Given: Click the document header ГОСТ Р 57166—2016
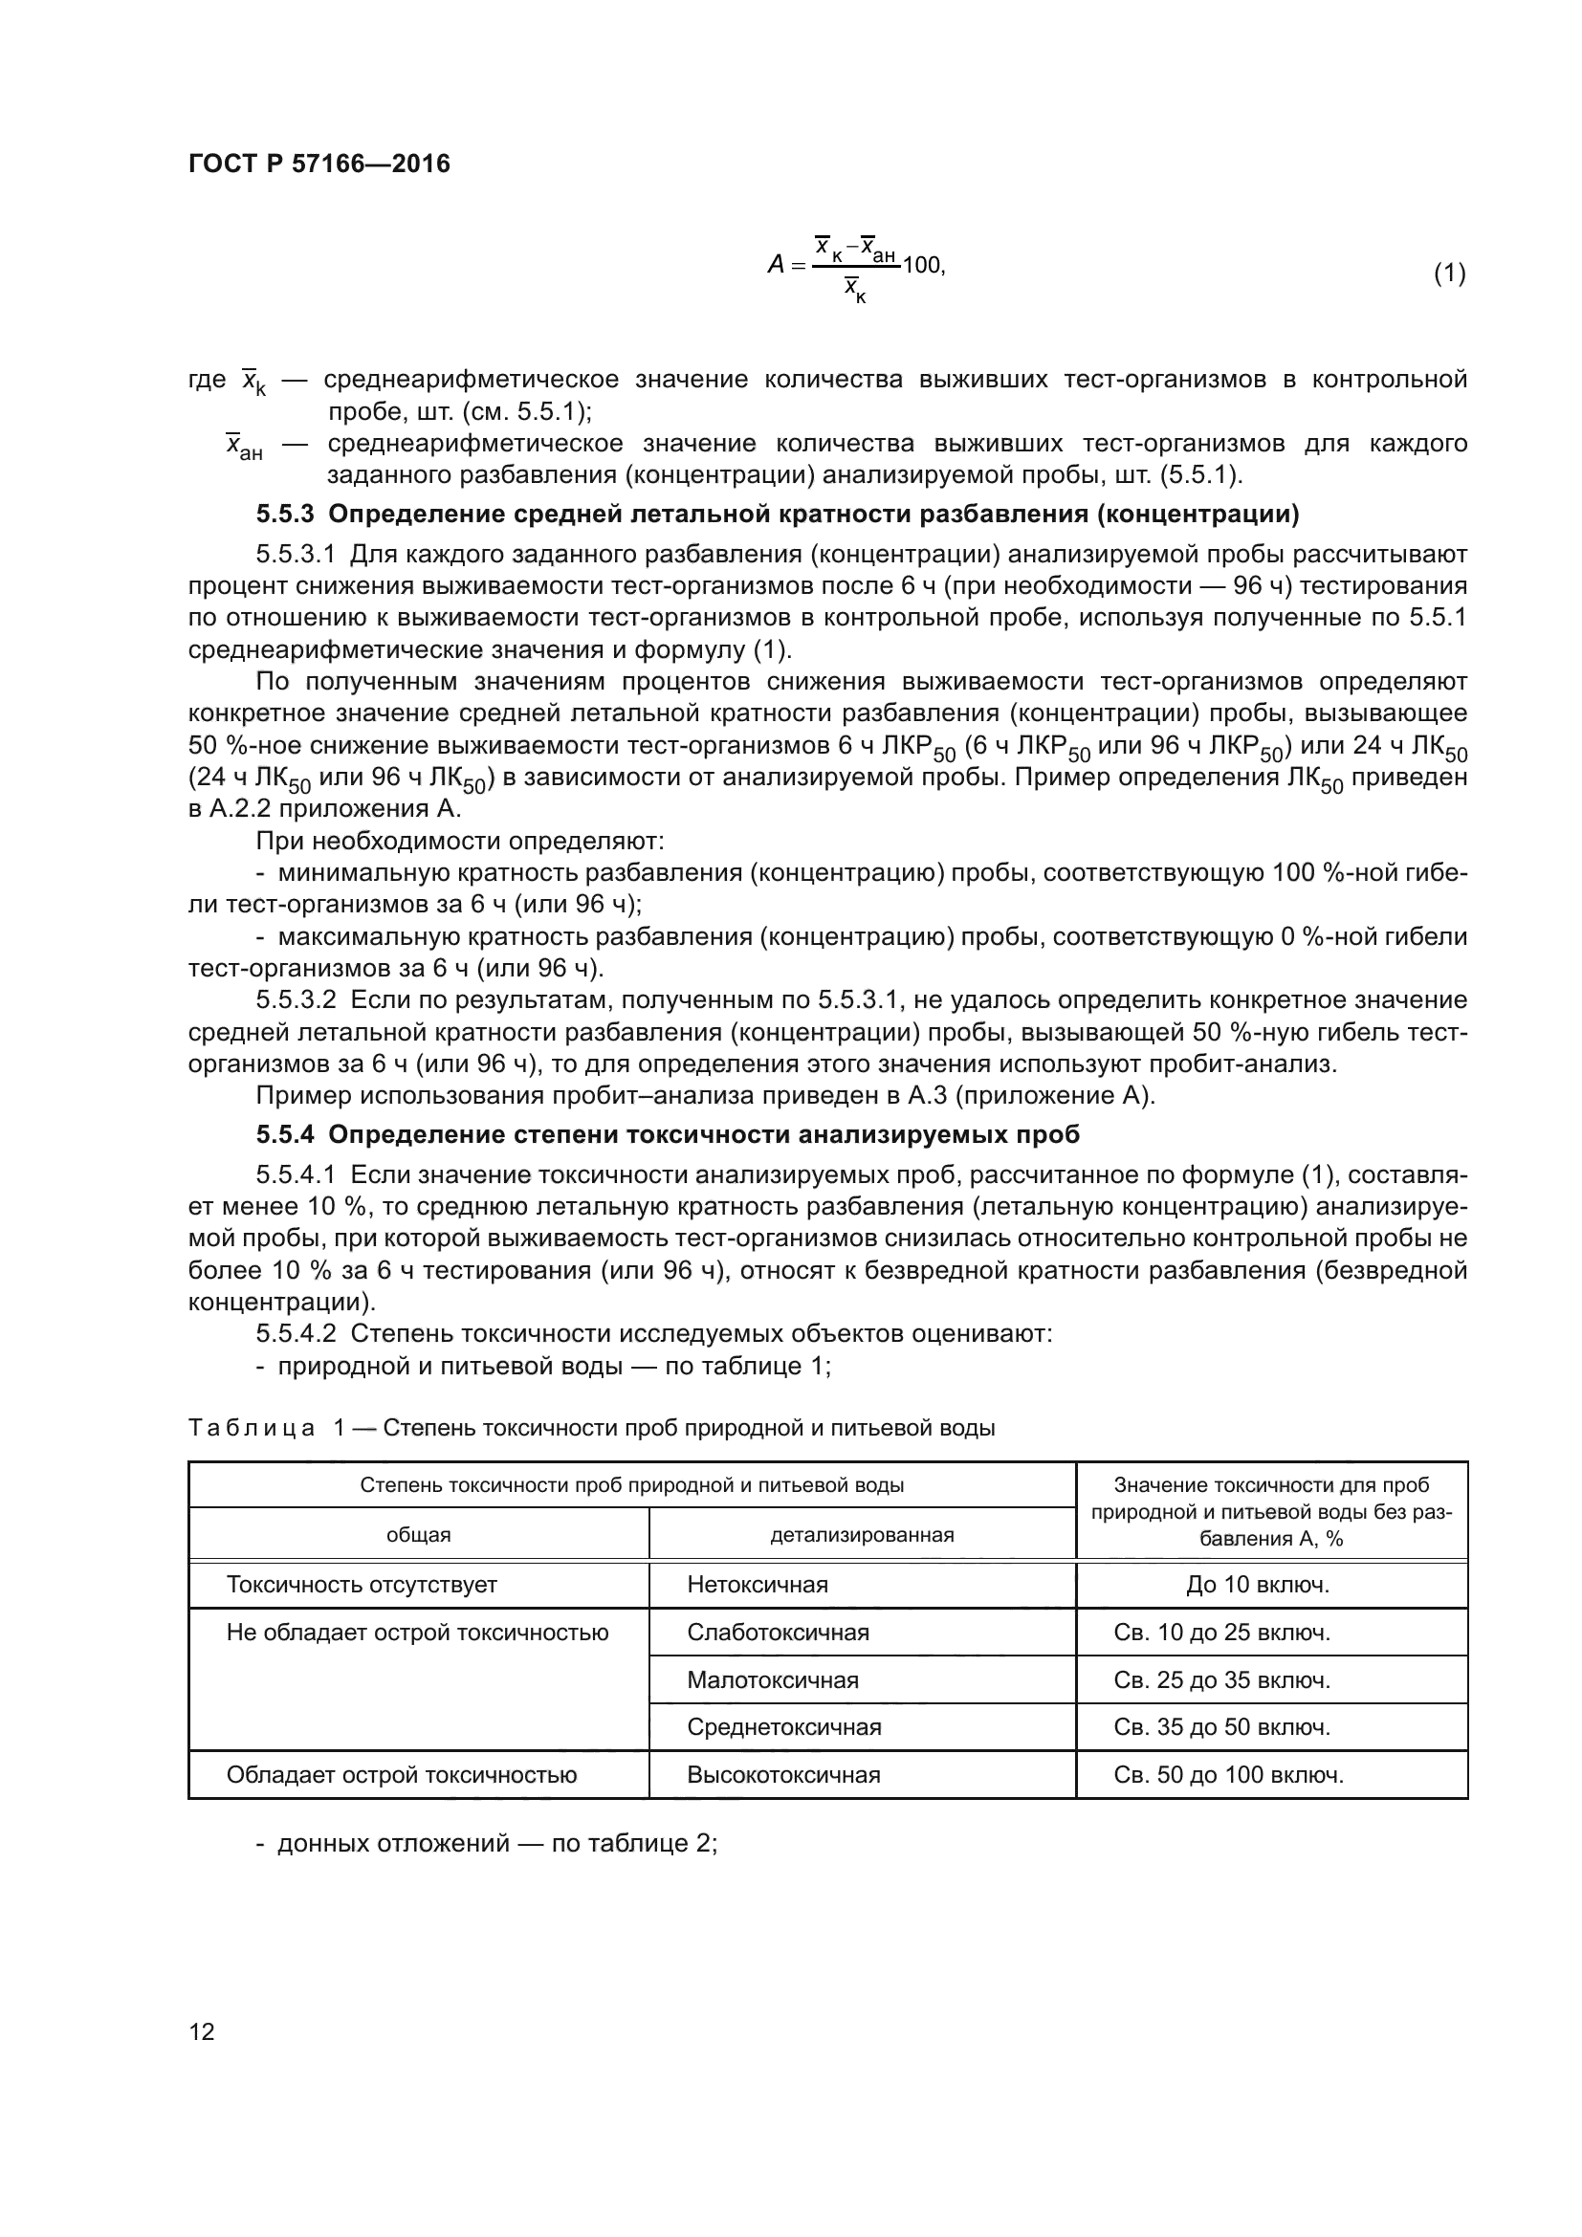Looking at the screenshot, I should [319, 164].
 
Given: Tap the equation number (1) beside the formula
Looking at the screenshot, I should [1448, 274].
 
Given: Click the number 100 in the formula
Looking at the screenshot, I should [921, 265].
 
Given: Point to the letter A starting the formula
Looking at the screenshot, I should [777, 265].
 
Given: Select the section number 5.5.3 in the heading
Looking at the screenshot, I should [285, 514].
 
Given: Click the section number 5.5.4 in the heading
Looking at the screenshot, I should [285, 1134].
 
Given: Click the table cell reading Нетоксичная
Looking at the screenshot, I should [757, 1584].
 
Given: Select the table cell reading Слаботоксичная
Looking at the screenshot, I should [778, 1632].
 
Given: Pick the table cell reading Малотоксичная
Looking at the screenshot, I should [773, 1679].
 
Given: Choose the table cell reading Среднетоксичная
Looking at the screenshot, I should [783, 1727].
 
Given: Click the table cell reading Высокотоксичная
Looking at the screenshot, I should [783, 1774].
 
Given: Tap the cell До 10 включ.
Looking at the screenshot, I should [1257, 1584].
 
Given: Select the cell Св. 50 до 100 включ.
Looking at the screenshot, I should [1228, 1774].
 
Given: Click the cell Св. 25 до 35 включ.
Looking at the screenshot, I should [1221, 1679].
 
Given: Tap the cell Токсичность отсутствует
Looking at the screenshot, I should [362, 1584].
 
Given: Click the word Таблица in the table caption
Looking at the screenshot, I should [252, 1428].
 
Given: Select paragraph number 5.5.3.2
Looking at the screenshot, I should [296, 999].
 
